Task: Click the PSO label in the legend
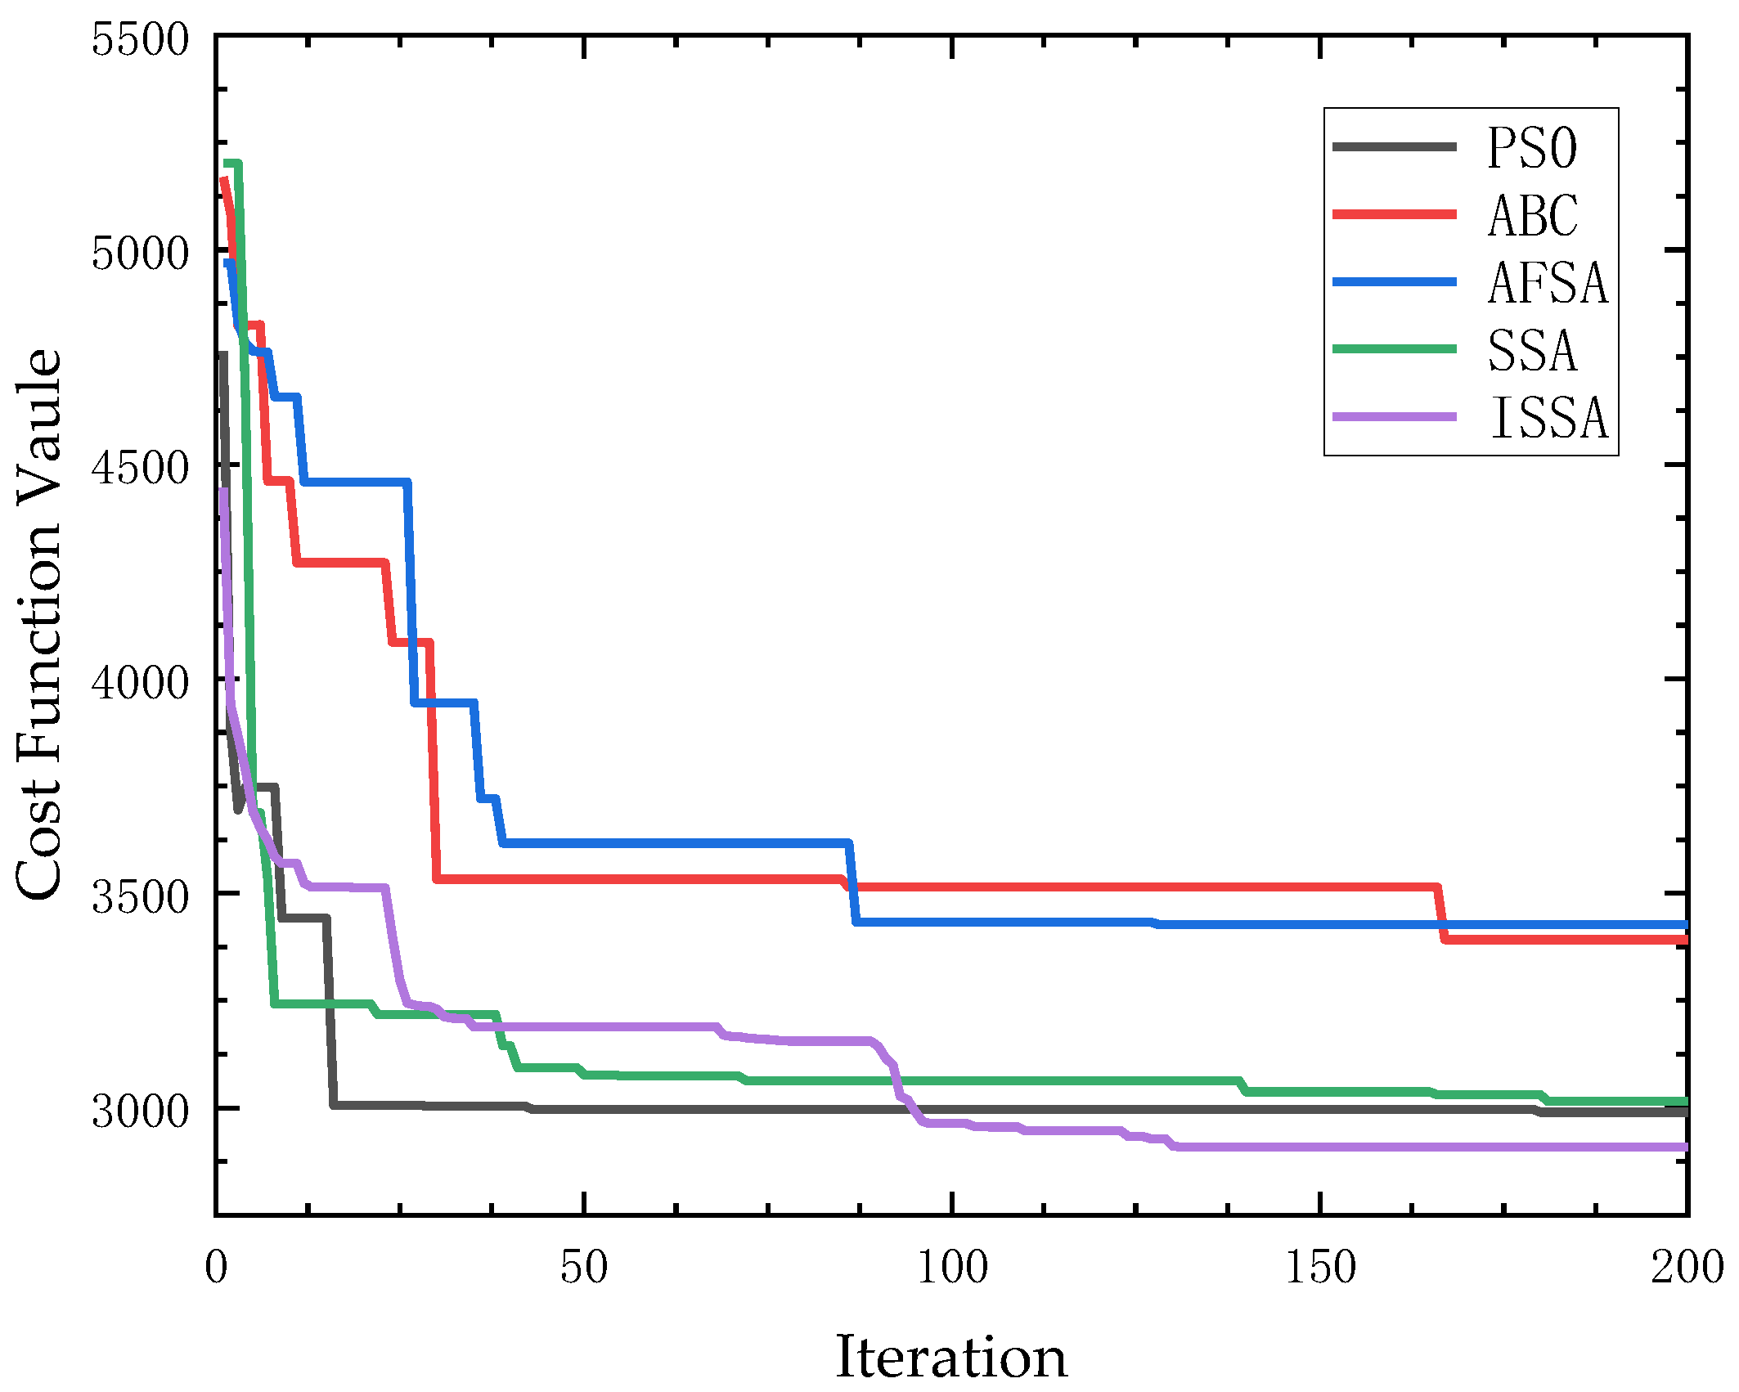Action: [1532, 148]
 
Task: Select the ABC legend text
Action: [1533, 216]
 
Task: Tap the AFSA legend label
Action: [1548, 283]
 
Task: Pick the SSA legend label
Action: [1532, 351]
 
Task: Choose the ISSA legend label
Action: [1549, 418]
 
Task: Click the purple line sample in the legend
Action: [1395, 417]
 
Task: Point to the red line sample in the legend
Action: [1395, 214]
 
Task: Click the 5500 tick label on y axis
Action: [140, 39]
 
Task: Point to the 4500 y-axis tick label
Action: [140, 468]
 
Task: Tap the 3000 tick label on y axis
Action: [140, 1111]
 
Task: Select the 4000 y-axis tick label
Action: [140, 682]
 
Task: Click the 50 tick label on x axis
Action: [583, 1268]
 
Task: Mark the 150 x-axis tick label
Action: [1320, 1268]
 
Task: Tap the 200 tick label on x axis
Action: [1687, 1268]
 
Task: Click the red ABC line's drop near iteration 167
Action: [1441, 914]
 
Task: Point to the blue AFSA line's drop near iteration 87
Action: [852, 882]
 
